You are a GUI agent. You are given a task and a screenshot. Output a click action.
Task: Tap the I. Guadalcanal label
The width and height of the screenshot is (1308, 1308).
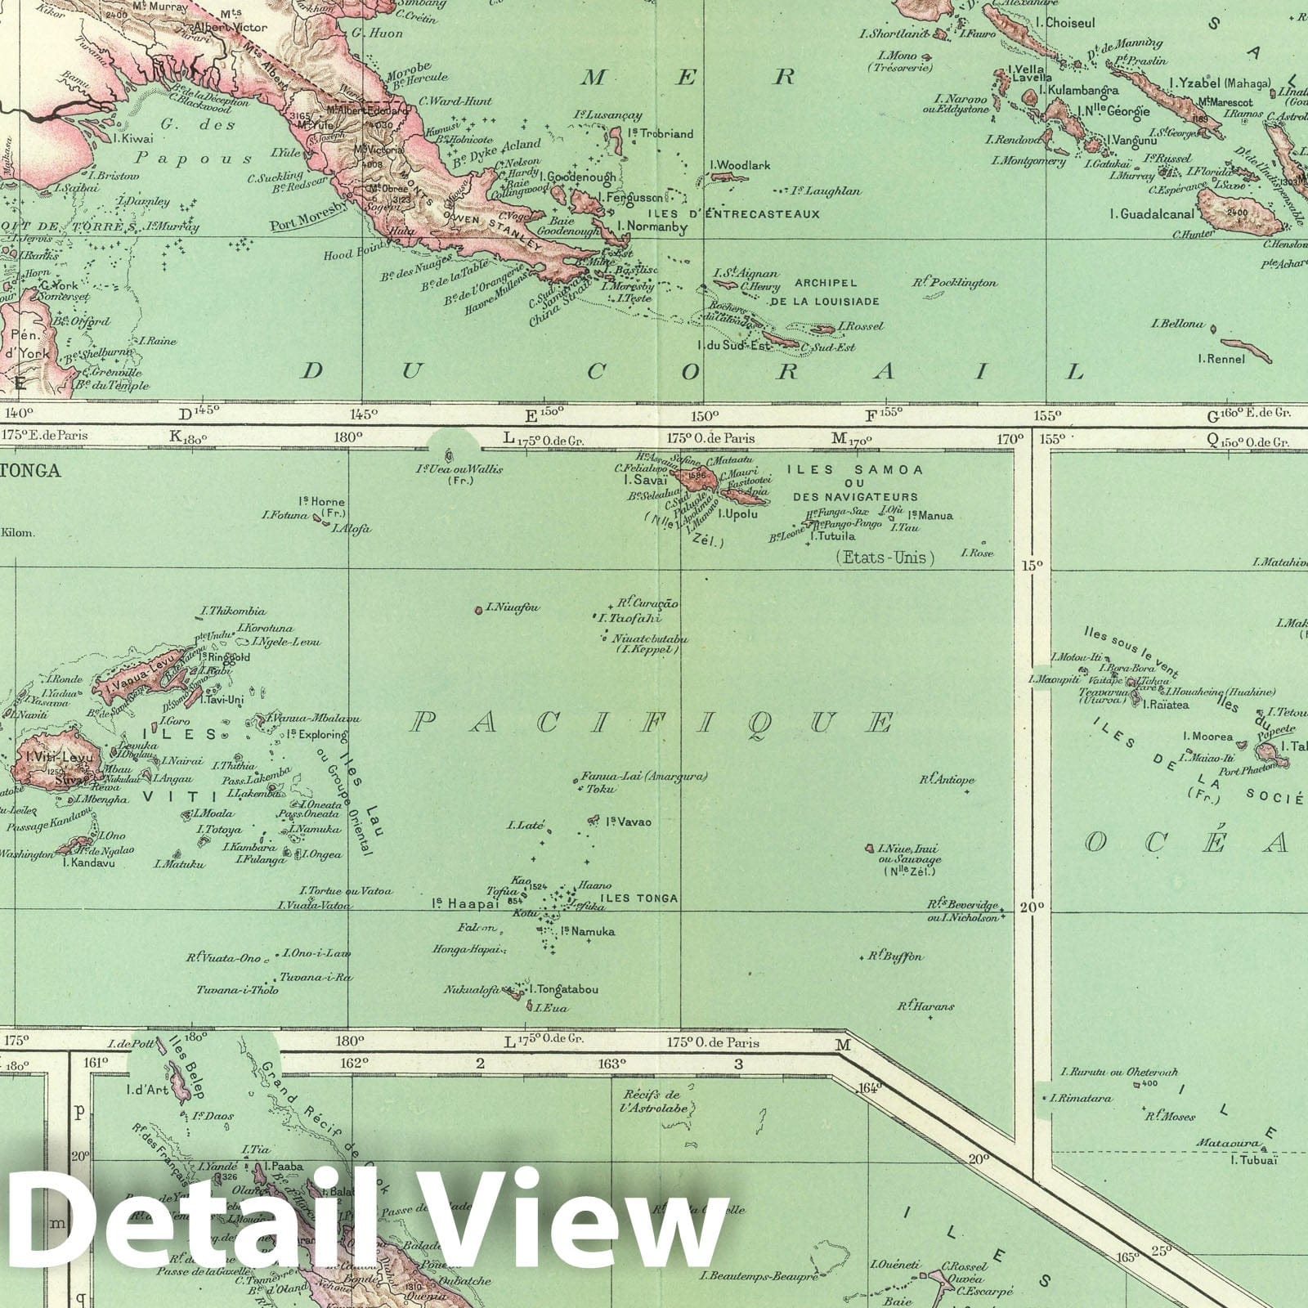[1152, 214]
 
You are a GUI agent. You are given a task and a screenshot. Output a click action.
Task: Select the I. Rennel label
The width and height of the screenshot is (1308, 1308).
[1221, 359]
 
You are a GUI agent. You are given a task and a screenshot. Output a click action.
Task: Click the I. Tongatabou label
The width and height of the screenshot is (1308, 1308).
[563, 989]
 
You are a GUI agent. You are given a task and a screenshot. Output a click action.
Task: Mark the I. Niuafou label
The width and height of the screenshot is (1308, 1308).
[513, 607]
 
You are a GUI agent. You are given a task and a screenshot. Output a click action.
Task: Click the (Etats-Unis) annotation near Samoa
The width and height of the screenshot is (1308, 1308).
[884, 558]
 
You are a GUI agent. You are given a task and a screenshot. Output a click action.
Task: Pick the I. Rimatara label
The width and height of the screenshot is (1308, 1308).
[1083, 1098]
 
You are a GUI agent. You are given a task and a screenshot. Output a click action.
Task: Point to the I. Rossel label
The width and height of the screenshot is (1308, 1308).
[860, 325]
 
